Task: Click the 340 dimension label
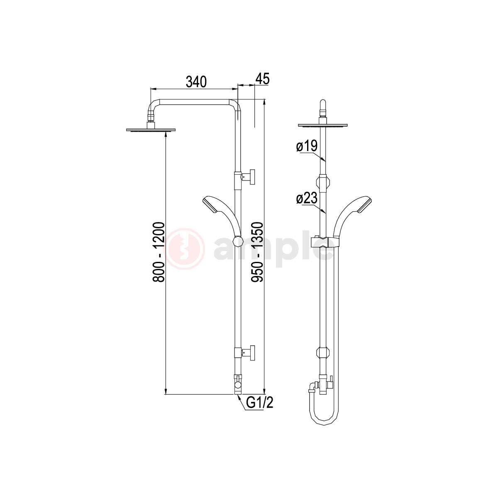point(196,82)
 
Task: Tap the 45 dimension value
point(262,78)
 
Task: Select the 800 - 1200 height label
point(159,252)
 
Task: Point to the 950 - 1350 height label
point(257,252)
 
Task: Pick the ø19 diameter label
point(307,146)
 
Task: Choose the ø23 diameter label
point(307,198)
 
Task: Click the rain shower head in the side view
point(151,128)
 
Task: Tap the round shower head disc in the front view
point(323,126)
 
